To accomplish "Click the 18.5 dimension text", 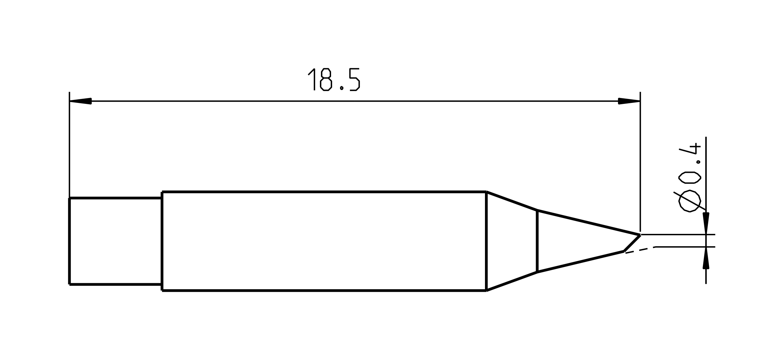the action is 334,79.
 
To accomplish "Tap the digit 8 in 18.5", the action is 326,79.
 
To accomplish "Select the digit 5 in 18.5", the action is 355,79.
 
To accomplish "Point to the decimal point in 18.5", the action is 342,88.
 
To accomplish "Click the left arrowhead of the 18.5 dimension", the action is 80,101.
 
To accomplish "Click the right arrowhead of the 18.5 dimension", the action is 629,101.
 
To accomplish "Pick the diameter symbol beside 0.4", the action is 690,201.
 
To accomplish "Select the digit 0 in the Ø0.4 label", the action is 690,178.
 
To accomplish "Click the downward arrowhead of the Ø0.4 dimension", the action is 706,223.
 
